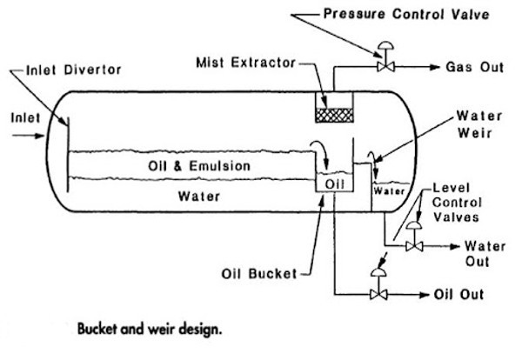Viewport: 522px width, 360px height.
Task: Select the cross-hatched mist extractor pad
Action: click(331, 113)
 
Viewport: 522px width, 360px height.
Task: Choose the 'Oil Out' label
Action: click(457, 294)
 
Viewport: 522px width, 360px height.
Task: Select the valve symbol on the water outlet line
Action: click(413, 246)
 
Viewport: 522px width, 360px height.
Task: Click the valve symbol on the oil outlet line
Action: click(378, 295)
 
